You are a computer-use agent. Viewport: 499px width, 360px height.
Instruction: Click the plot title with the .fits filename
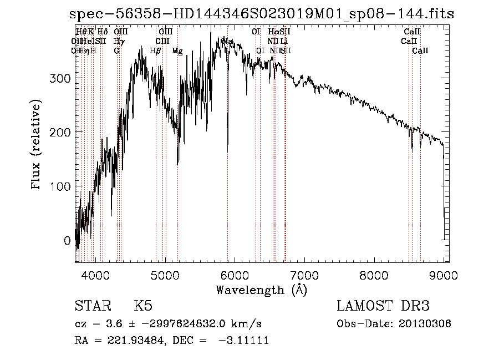pos(264,13)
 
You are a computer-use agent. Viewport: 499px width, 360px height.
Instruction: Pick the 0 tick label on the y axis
pos(67,241)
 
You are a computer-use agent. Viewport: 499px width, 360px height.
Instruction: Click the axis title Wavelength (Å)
pos(261,290)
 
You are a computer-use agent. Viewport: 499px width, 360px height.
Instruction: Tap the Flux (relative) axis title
pos(37,145)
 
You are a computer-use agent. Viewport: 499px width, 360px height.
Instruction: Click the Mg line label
pos(177,51)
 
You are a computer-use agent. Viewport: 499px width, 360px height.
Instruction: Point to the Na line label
pos(227,42)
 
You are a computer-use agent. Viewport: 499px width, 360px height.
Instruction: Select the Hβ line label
pos(156,51)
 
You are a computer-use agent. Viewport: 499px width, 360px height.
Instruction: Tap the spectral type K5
pos(143,306)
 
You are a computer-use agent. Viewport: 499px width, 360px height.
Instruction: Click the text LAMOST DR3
pos(383,306)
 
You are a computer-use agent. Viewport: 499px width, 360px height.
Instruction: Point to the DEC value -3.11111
pos(245,341)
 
